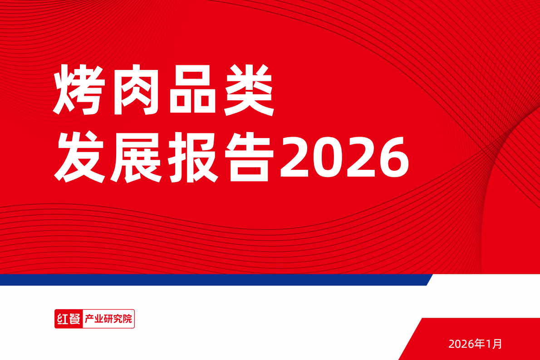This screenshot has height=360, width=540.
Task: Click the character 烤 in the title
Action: (x=79, y=89)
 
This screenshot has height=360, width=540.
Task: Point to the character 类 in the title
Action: (x=249, y=89)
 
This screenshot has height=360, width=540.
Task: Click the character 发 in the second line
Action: (x=80, y=157)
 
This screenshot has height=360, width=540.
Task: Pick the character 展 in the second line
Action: (x=137, y=157)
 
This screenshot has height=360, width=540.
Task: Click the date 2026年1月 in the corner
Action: (x=475, y=344)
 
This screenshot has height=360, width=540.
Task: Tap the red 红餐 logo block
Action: (x=69, y=319)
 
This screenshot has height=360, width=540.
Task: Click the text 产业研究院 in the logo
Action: (x=108, y=319)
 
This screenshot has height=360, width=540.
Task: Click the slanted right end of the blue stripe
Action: (x=429, y=280)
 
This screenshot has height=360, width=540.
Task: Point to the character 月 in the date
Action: (x=497, y=344)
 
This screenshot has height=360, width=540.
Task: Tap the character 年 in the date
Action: (x=479, y=344)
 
